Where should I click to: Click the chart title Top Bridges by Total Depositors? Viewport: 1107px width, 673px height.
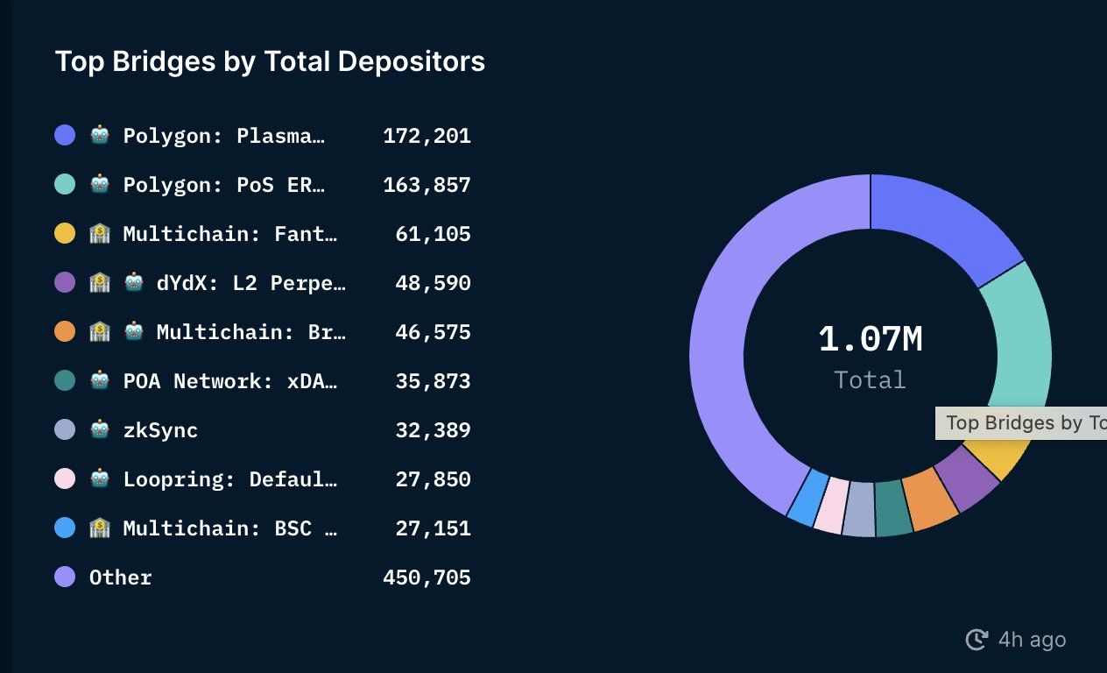tap(270, 61)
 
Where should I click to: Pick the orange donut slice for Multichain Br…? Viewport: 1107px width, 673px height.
tap(930, 497)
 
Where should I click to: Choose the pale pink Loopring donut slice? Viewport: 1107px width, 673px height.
tap(830, 505)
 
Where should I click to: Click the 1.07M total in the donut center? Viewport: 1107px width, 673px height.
tap(871, 340)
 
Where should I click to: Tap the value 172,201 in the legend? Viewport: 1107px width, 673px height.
tap(427, 136)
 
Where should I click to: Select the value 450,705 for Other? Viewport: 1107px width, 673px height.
tap(427, 577)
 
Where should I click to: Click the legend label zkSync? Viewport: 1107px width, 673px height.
tap(160, 430)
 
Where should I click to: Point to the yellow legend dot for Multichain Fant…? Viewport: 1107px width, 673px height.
tap(65, 234)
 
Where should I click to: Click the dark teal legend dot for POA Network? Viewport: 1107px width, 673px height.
tap(65, 381)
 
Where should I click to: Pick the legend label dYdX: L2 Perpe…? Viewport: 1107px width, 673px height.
tap(251, 283)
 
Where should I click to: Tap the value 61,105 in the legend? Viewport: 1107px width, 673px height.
tap(433, 234)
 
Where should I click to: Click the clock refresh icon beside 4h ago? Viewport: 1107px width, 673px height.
tap(977, 640)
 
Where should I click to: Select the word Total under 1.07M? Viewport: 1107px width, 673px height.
tap(870, 379)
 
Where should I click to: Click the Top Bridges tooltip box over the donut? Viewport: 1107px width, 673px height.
tap(1021, 423)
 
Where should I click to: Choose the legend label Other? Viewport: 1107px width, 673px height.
tap(121, 577)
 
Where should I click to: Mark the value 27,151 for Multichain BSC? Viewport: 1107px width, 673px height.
tap(433, 528)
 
